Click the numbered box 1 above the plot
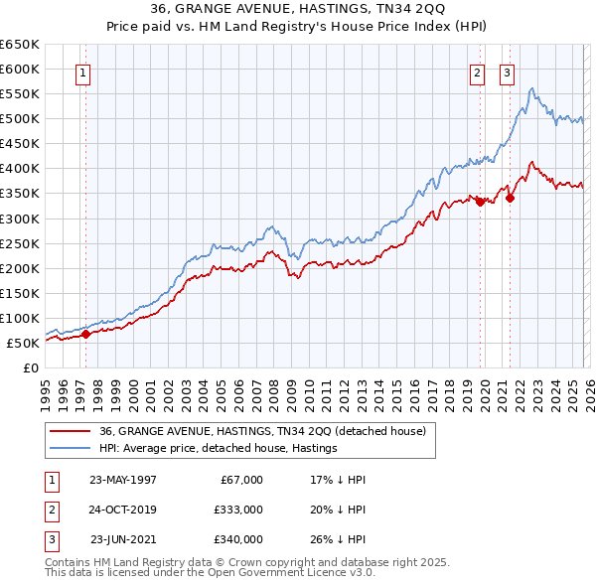(82, 72)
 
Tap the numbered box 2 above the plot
(478, 72)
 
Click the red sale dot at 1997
(86, 334)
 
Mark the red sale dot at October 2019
(480, 202)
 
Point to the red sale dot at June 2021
(510, 198)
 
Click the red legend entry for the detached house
(262, 431)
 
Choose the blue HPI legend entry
(219, 449)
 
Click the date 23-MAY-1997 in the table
(123, 479)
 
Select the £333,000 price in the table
(238, 510)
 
